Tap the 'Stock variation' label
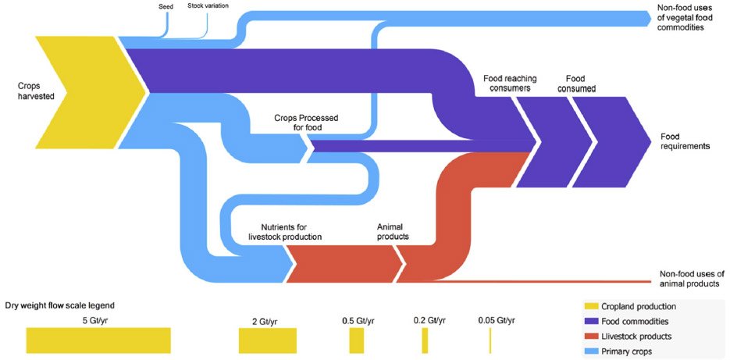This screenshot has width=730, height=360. coord(208,6)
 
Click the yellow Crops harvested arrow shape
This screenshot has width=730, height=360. coord(88,93)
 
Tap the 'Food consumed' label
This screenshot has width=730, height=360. coord(575,83)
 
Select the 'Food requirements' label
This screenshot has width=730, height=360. coord(685,141)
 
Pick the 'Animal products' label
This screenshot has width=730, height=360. coord(393,232)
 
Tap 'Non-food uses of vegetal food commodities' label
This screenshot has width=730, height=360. coord(687,18)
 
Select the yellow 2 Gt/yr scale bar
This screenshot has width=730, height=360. coord(268,340)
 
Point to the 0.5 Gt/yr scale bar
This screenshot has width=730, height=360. coord(357,340)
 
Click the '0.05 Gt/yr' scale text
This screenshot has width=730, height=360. coord(497,320)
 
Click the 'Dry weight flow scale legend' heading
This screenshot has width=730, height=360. coord(60,306)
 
